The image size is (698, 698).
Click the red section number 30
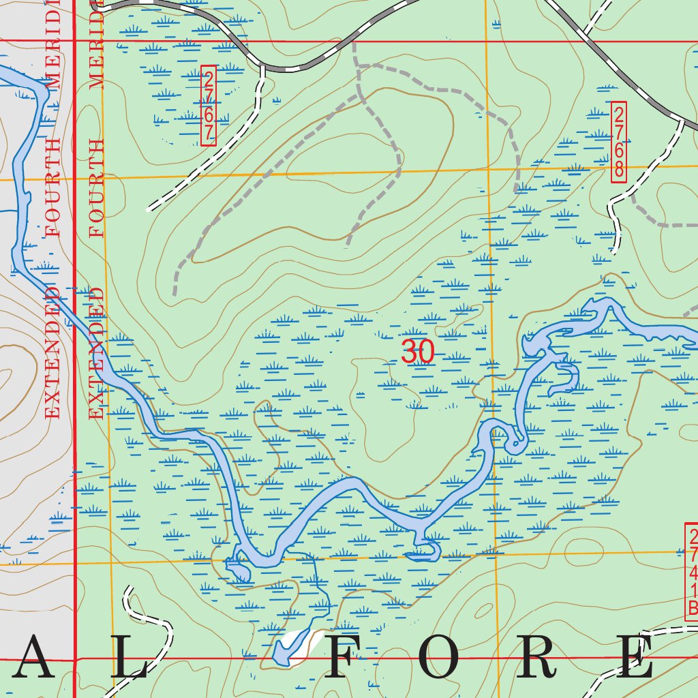(x=418, y=352)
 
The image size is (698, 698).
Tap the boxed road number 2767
(x=209, y=106)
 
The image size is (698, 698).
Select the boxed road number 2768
(x=618, y=141)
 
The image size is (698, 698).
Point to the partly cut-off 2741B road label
(x=692, y=572)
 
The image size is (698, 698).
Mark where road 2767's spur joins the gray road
(x=262, y=66)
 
